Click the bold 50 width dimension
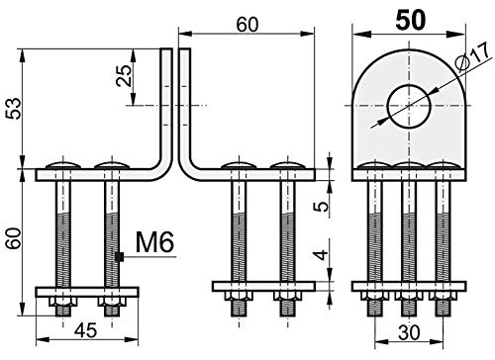411,21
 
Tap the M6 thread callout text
154,242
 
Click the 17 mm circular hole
409,106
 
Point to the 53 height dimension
14,108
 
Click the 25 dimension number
124,76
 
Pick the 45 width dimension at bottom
86,330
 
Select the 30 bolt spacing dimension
409,333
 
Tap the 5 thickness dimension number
322,206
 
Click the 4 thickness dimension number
322,255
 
